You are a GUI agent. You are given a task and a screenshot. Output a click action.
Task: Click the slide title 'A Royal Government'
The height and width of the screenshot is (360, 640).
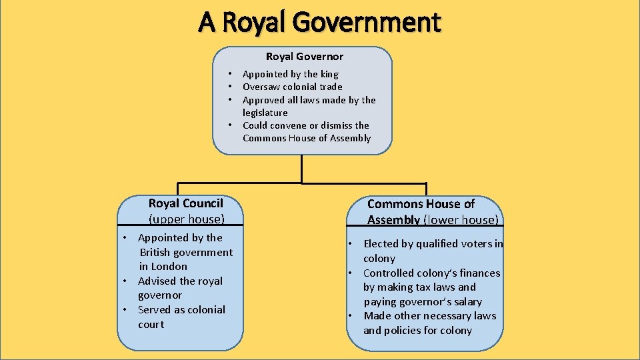pyautogui.click(x=319, y=22)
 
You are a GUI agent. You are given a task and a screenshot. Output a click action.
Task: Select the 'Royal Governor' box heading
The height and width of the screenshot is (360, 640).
pyautogui.click(x=304, y=57)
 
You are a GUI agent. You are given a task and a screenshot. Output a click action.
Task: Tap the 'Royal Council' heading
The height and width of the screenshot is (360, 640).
pyautogui.click(x=185, y=203)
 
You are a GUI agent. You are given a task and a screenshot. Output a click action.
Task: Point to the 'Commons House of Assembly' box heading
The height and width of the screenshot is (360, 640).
pyautogui.click(x=421, y=204)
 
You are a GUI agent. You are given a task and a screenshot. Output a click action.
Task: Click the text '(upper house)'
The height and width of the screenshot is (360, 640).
pyautogui.click(x=186, y=219)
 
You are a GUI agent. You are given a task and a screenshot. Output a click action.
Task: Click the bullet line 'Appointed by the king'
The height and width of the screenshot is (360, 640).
pyautogui.click(x=290, y=74)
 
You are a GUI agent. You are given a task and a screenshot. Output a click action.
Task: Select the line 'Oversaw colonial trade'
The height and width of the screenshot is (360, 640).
pyautogui.click(x=292, y=87)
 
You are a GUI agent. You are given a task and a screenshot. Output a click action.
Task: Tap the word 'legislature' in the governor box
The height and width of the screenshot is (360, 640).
pyautogui.click(x=265, y=113)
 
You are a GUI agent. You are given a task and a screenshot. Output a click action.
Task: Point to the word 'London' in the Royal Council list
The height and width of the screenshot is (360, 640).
pyautogui.click(x=169, y=267)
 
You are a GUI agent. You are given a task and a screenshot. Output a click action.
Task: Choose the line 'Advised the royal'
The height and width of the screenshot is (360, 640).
pyautogui.click(x=180, y=281)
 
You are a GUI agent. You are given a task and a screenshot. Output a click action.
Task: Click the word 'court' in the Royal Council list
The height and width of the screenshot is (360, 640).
pyautogui.click(x=151, y=325)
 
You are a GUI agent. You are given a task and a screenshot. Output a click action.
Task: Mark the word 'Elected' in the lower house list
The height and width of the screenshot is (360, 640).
pyautogui.click(x=381, y=244)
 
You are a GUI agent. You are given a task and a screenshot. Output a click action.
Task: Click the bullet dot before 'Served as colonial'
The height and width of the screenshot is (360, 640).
pyautogui.click(x=125, y=310)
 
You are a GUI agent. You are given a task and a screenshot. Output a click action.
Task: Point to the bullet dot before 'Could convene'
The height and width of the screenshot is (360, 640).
pyautogui.click(x=229, y=125)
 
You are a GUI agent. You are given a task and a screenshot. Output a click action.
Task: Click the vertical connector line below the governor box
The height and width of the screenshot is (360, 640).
pyautogui.click(x=302, y=169)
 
